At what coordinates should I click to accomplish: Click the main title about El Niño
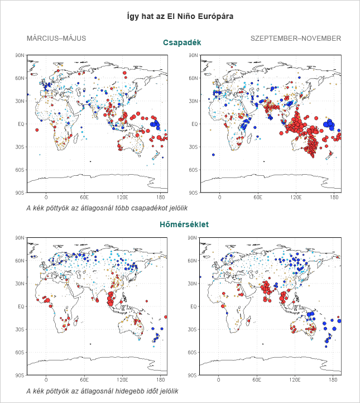pyautogui.click(x=180, y=16)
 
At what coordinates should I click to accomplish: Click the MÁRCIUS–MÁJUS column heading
pyautogui.click(x=56, y=39)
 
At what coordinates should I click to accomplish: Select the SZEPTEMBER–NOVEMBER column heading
pyautogui.click(x=296, y=39)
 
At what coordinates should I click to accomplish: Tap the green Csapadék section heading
pyautogui.click(x=182, y=42)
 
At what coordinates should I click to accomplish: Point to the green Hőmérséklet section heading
pyautogui.click(x=184, y=224)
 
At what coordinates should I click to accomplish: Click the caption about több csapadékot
pyautogui.click(x=107, y=208)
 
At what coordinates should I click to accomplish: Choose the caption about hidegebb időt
pyautogui.click(x=102, y=391)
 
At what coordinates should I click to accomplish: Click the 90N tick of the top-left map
pyautogui.click(x=20, y=55)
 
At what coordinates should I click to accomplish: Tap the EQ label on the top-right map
pyautogui.click(x=195, y=124)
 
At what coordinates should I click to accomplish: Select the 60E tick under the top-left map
pyautogui.click(x=84, y=198)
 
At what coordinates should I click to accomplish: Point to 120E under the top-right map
pyautogui.click(x=296, y=198)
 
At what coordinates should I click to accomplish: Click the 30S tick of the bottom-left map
pyautogui.click(x=20, y=329)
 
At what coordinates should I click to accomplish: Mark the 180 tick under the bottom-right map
pyautogui.click(x=333, y=380)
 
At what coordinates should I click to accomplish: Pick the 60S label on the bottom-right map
pyautogui.click(x=192, y=352)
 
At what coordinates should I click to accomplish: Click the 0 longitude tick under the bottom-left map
pyautogui.click(x=46, y=380)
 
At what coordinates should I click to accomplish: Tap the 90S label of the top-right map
pyautogui.click(x=193, y=193)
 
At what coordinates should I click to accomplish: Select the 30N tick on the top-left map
pyautogui.click(x=20, y=101)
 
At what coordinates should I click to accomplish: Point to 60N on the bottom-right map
pyautogui.click(x=192, y=261)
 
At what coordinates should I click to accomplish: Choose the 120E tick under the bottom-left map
pyautogui.click(x=122, y=380)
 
